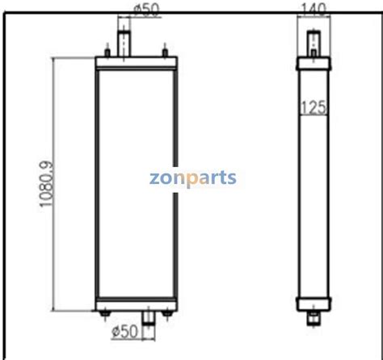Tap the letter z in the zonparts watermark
point(154,177)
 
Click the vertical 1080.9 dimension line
point(54,186)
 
